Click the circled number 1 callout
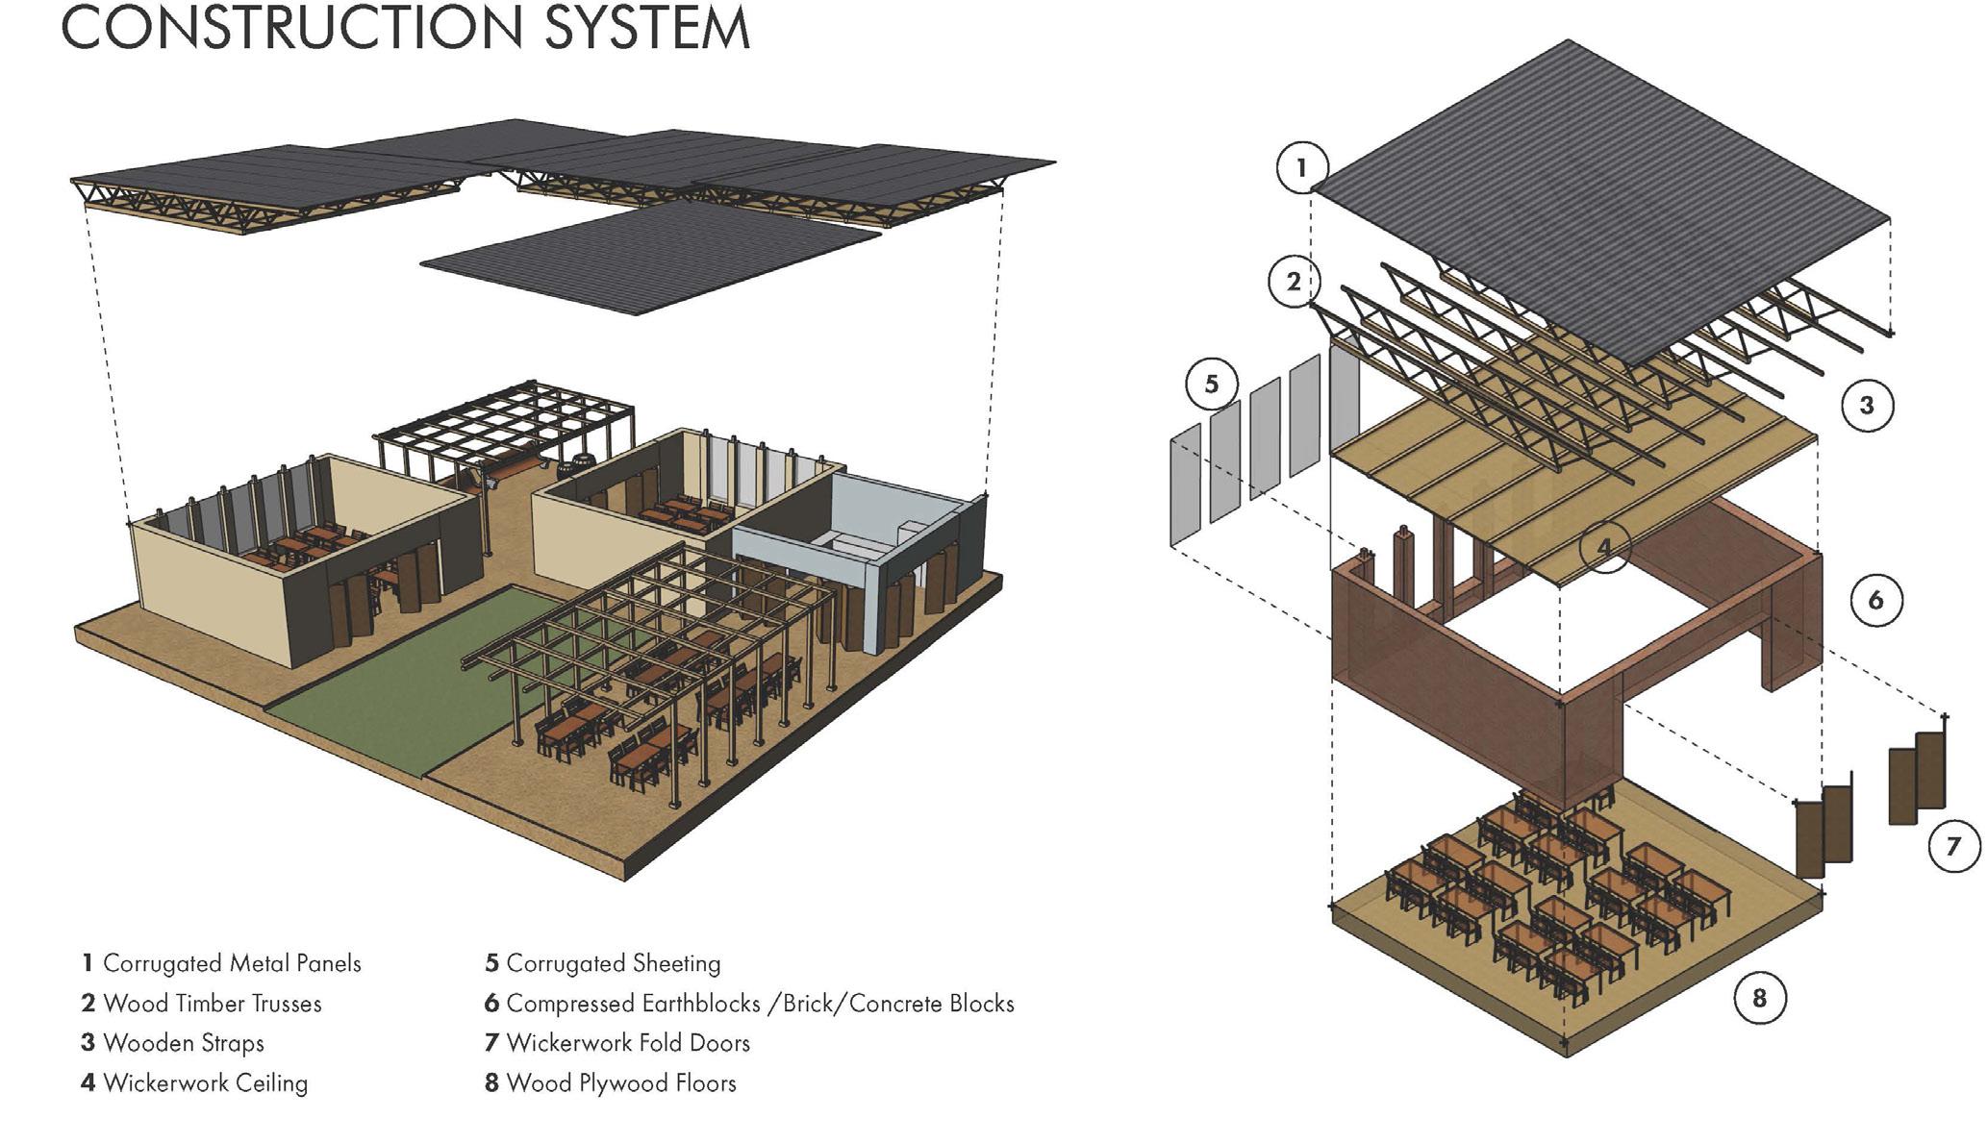(1301, 168)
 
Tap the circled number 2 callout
(1294, 282)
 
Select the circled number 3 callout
(1866, 405)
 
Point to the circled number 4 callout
(1603, 547)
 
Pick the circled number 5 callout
(1211, 384)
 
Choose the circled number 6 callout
(1874, 601)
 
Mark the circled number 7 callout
(1952, 847)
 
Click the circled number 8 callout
(1759, 998)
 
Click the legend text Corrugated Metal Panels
(232, 963)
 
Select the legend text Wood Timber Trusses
(212, 1004)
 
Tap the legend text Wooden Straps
(183, 1043)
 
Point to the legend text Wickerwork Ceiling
(205, 1083)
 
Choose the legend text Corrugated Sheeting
(613, 963)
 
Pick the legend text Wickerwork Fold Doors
(627, 1043)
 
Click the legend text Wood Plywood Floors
(620, 1083)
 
